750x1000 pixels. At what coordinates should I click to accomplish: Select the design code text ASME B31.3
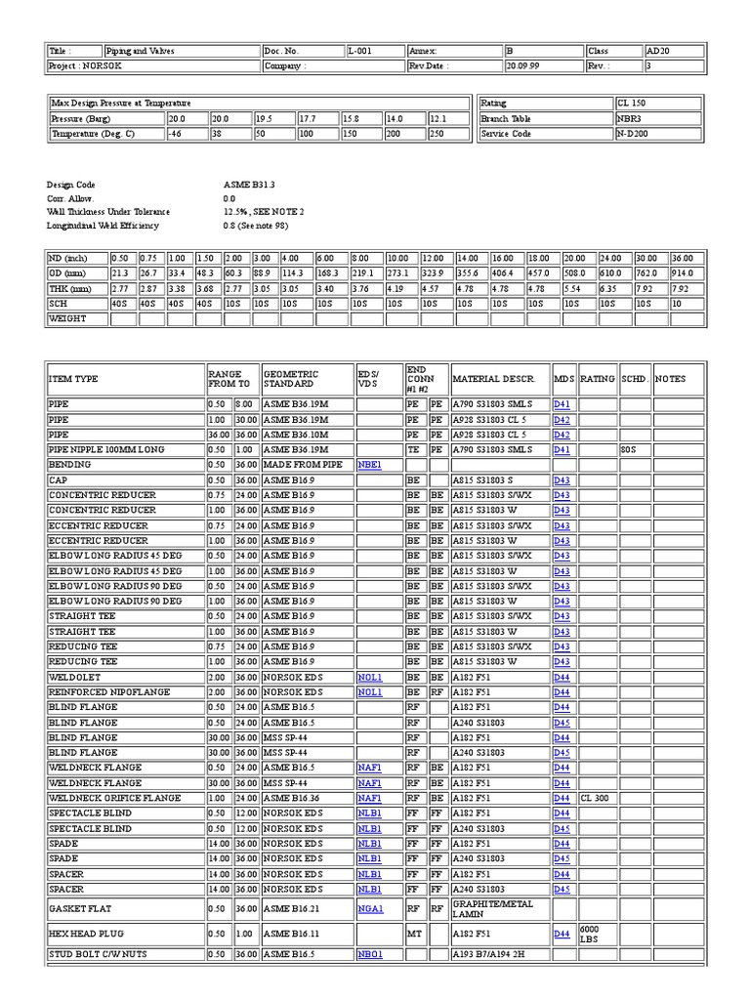(x=249, y=184)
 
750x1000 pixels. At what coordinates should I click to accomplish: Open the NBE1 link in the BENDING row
(x=369, y=465)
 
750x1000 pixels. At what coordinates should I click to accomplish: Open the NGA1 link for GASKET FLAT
(x=369, y=908)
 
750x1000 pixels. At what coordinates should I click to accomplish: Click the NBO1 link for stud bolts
(x=369, y=953)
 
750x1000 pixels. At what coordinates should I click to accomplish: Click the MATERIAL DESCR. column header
(x=492, y=379)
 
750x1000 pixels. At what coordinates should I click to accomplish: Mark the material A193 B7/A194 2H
(x=496, y=953)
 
